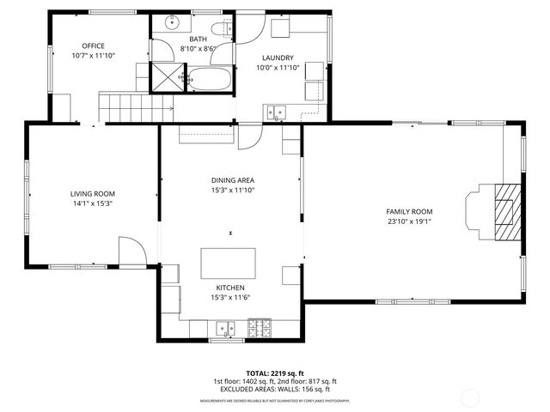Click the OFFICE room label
93,45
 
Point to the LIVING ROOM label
93,194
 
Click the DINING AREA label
232,179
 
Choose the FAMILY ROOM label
409,211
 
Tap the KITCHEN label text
230,288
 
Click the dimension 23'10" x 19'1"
409,221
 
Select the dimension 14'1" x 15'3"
93,203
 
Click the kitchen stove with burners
259,327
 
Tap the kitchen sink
226,327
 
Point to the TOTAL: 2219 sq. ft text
274,373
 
